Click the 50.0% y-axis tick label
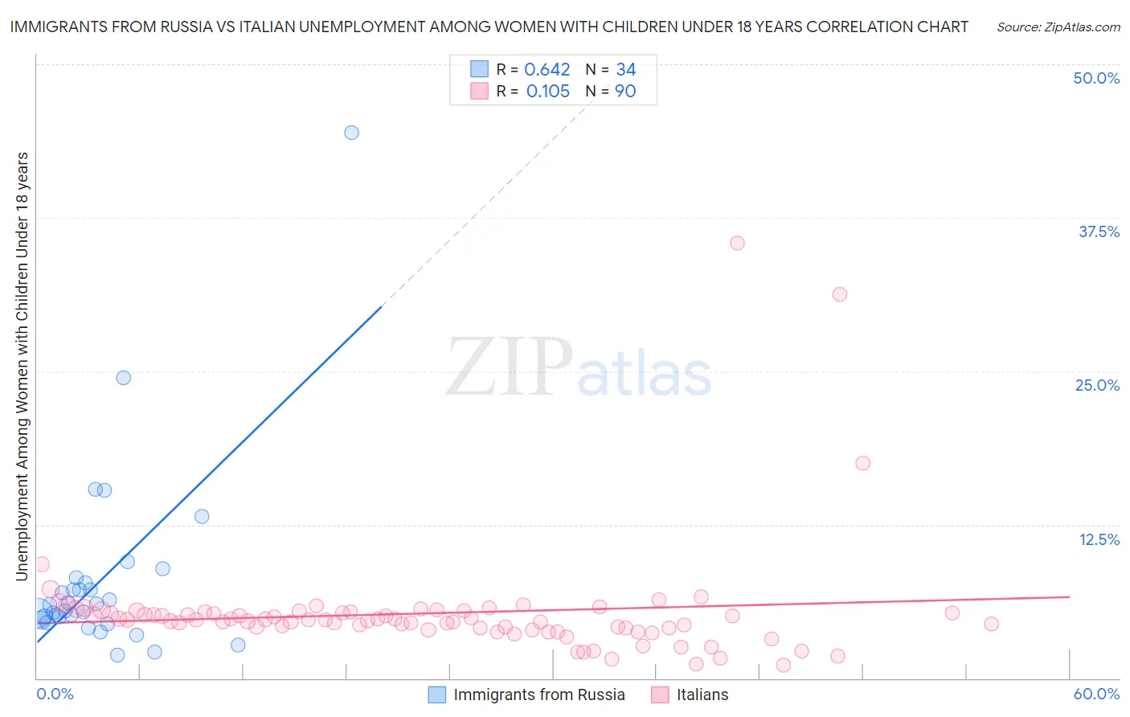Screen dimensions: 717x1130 click(1096, 78)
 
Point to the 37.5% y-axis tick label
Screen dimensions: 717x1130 click(1099, 231)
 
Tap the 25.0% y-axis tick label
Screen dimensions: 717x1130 click(1097, 385)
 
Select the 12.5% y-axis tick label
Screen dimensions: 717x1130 click(1099, 539)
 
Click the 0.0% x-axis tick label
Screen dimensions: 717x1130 click(55, 694)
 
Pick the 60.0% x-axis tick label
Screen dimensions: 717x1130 click(1096, 694)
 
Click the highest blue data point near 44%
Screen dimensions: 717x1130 click(351, 133)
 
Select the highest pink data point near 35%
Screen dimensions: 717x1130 click(737, 243)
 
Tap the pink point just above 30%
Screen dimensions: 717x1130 click(840, 294)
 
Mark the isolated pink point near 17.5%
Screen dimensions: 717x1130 click(863, 463)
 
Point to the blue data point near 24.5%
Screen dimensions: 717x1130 click(123, 378)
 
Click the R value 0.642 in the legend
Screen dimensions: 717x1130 click(547, 70)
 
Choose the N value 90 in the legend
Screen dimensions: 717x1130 click(625, 92)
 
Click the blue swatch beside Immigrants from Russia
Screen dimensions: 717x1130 click(437, 694)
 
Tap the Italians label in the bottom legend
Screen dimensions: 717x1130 click(702, 694)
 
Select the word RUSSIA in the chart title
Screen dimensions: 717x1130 click(182, 27)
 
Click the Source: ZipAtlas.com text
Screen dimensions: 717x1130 click(1058, 27)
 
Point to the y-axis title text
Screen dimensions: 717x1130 click(22, 367)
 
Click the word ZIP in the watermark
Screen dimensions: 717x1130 click(509, 367)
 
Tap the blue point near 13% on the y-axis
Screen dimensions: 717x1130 click(202, 516)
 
